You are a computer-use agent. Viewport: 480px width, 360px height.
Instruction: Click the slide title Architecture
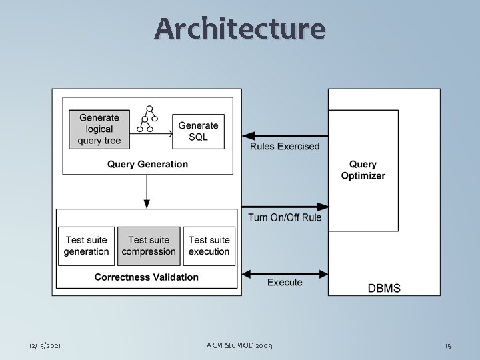pos(240,29)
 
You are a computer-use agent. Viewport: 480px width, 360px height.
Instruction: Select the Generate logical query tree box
pos(99,129)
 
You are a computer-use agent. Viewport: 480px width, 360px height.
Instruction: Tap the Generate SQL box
pos(198,131)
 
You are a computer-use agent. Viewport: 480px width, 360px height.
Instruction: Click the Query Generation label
pos(147,164)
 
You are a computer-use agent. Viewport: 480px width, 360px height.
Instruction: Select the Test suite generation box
pos(86,246)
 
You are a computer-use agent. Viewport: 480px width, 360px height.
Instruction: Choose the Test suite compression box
pos(149,246)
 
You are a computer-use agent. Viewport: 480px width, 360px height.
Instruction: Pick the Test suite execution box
pos(209,246)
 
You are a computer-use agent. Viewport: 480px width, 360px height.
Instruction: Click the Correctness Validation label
pos(147,277)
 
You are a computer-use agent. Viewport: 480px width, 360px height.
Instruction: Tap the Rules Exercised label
pos(285,146)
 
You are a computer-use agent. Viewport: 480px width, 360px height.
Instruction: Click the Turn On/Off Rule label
pos(285,217)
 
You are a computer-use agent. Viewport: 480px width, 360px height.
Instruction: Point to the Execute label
pos(285,283)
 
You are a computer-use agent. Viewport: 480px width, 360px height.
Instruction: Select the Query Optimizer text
pos(363,170)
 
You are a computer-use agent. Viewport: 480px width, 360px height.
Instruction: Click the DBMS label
pos(385,288)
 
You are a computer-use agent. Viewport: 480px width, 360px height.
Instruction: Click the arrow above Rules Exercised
pos(285,135)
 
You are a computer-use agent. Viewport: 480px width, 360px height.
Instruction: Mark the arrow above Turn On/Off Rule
pos(285,206)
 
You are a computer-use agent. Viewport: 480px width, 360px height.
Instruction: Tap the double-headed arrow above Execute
pos(285,273)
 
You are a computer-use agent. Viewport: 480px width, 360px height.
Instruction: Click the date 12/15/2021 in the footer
pos(45,345)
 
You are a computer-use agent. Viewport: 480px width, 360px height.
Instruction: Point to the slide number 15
pos(448,345)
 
